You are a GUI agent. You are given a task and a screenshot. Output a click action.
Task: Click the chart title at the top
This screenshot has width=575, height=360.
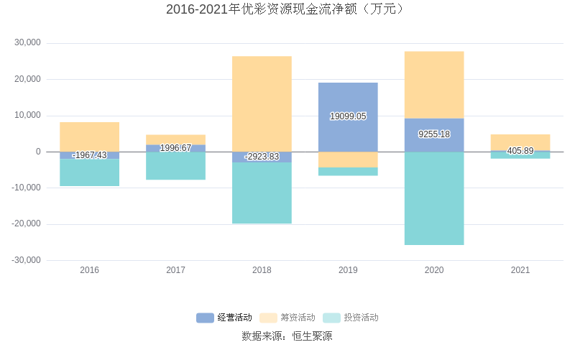pyautogui.click(x=287, y=9)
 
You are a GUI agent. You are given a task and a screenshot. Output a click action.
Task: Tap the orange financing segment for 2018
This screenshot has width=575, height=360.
pyautogui.click(x=262, y=103)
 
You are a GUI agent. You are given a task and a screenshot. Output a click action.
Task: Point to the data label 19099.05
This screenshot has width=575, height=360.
pyautogui.click(x=348, y=116)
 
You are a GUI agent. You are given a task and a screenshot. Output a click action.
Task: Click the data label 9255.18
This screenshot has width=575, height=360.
pyautogui.click(x=434, y=134)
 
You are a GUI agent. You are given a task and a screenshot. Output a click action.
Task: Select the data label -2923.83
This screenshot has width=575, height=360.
pyautogui.click(x=262, y=157)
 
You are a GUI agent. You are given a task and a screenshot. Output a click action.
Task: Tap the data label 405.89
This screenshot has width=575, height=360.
pyautogui.click(x=520, y=151)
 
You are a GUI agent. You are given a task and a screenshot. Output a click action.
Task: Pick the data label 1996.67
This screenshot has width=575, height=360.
pyautogui.click(x=175, y=148)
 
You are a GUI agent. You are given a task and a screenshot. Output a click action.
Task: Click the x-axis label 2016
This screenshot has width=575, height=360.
pyautogui.click(x=90, y=270)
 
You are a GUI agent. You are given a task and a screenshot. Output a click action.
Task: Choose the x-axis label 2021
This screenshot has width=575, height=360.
pyautogui.click(x=520, y=270)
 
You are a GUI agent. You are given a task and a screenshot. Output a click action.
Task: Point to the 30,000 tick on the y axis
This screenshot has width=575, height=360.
pyautogui.click(x=27, y=43)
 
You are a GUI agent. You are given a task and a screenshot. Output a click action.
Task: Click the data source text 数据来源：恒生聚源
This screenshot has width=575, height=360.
pyautogui.click(x=287, y=336)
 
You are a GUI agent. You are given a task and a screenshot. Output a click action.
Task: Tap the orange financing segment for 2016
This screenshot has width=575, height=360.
pyautogui.click(x=90, y=137)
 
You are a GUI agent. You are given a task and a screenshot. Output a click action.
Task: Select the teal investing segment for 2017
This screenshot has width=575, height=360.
pyautogui.click(x=175, y=166)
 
